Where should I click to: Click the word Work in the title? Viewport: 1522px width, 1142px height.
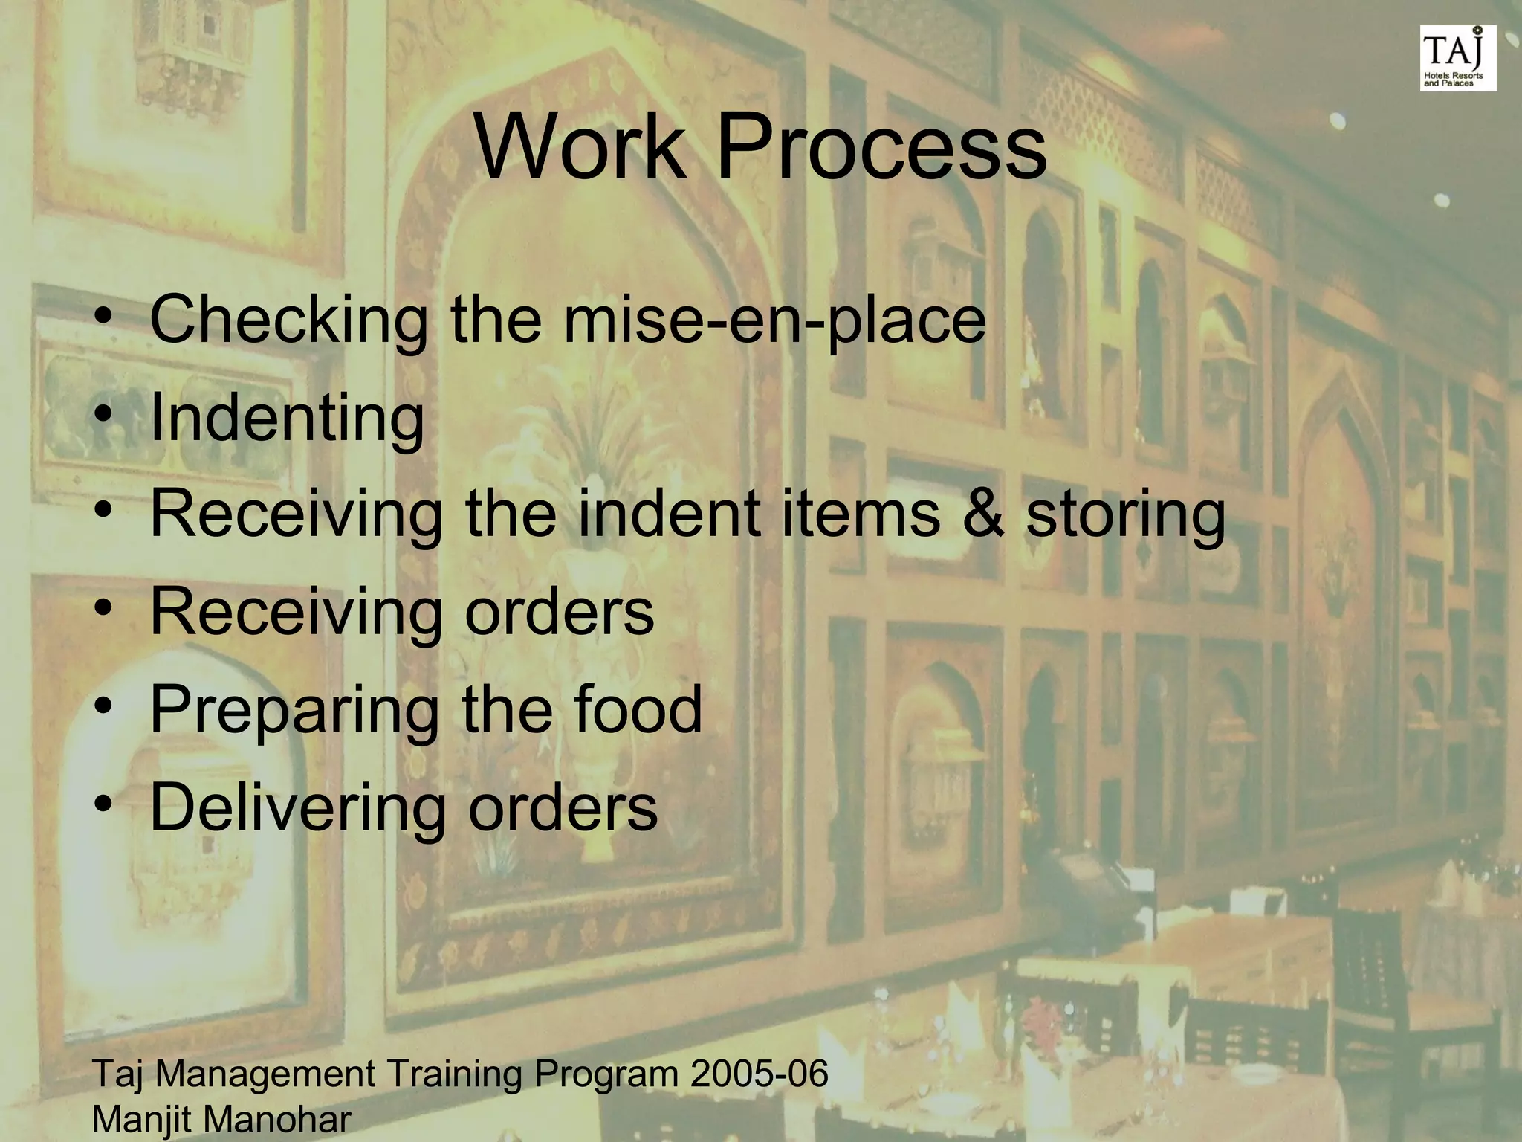580,146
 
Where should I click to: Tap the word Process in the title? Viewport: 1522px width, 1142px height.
881,146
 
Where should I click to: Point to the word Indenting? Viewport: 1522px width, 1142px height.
287,418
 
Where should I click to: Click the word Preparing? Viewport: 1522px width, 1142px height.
294,711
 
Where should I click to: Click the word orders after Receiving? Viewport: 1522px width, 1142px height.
559,612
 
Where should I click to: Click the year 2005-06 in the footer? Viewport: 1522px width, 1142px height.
759,1074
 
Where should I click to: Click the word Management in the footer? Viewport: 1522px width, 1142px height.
265,1075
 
